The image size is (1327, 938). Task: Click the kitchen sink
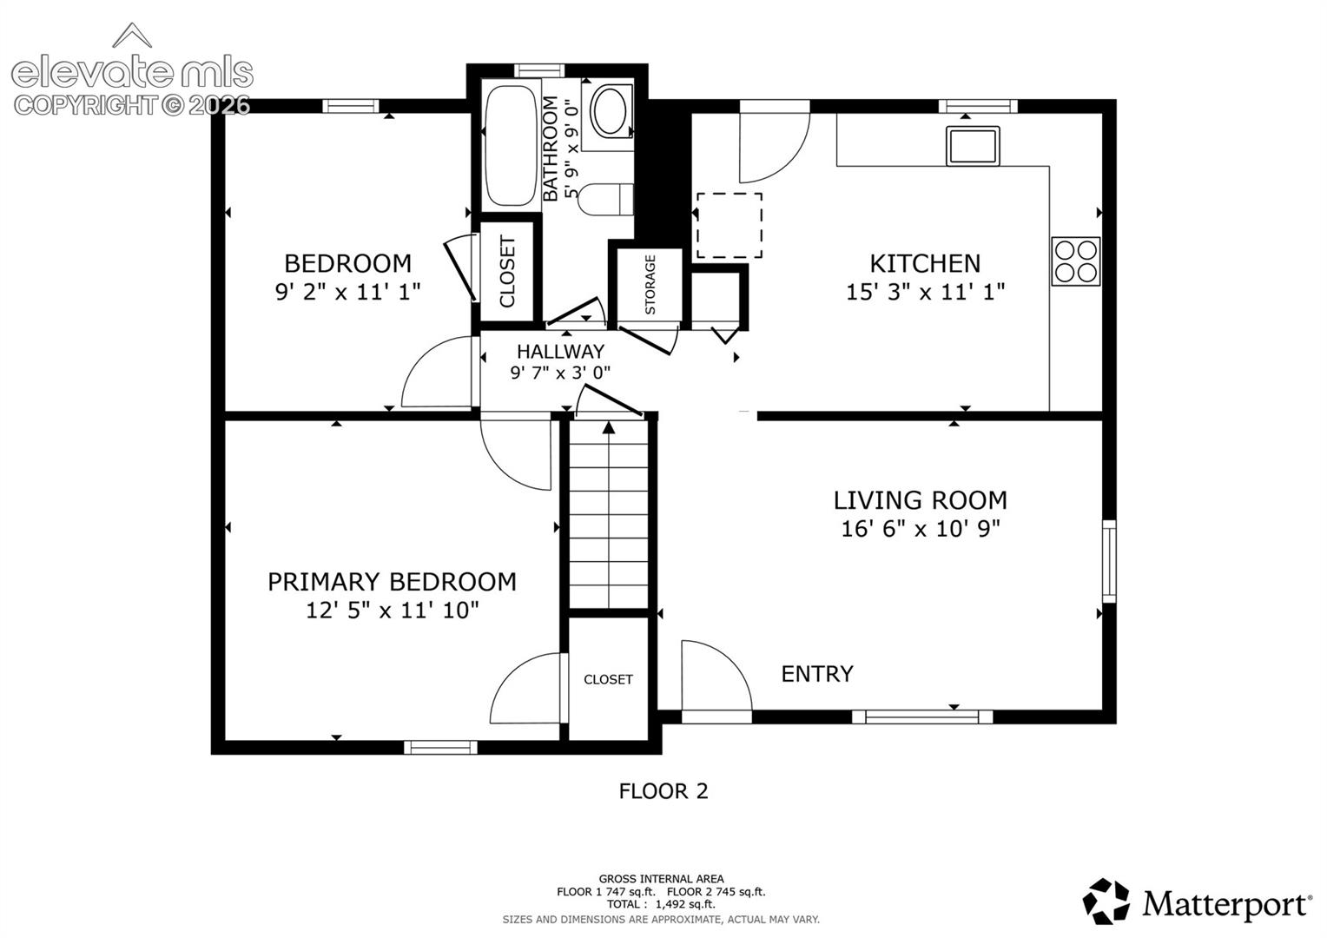click(973, 146)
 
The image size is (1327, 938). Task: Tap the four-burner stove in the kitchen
click(1076, 261)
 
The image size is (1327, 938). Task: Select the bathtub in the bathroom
click(511, 146)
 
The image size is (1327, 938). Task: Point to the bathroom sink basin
click(611, 111)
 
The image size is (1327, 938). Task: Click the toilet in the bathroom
click(605, 200)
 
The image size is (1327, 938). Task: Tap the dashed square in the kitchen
click(730, 225)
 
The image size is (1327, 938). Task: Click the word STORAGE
click(650, 284)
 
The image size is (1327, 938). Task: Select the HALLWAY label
click(560, 352)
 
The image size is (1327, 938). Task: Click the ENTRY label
click(817, 674)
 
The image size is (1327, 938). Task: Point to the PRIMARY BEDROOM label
click(393, 582)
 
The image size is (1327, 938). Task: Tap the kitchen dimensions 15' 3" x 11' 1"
click(926, 292)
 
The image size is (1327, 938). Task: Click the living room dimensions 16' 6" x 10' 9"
click(921, 528)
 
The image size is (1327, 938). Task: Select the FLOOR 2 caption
click(663, 791)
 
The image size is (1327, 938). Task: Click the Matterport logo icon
click(1106, 902)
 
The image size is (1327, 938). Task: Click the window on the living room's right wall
click(1109, 561)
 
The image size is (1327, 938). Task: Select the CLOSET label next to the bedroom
click(508, 272)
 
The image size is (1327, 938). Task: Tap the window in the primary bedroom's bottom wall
click(440, 747)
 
